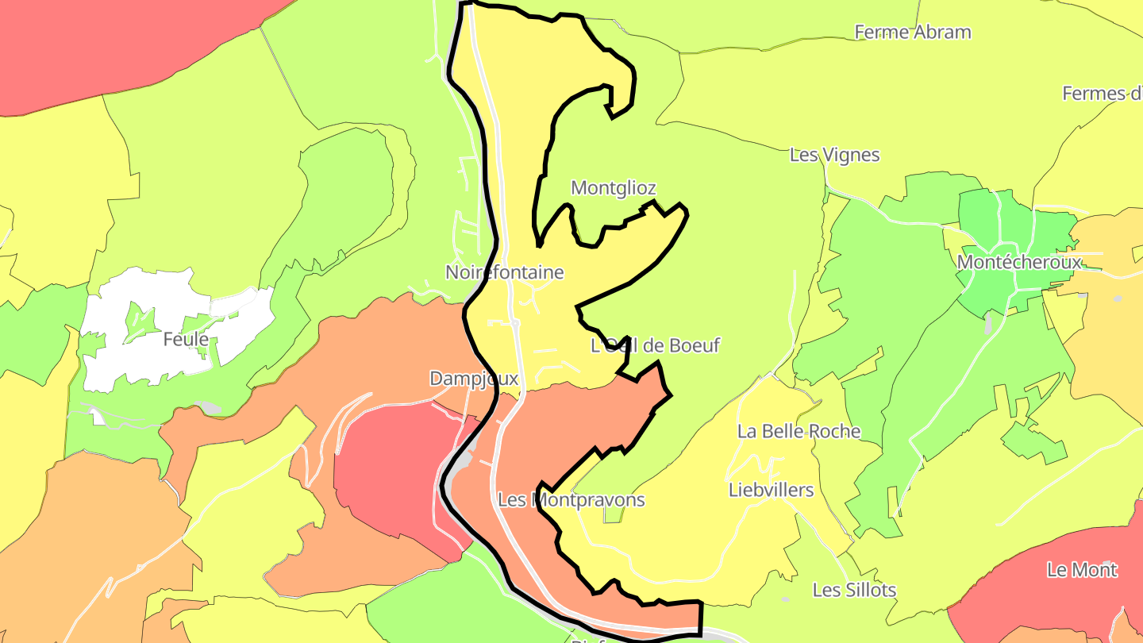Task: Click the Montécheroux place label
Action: click(x=1019, y=262)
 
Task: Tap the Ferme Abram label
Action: click(x=912, y=33)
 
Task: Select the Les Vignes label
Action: click(x=834, y=155)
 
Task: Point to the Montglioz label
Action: click(x=614, y=188)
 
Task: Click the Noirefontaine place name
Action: click(x=504, y=272)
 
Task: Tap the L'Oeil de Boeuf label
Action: click(x=655, y=345)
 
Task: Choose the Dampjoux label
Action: click(x=473, y=379)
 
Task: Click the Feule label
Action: click(x=186, y=340)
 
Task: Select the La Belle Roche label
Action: click(x=799, y=431)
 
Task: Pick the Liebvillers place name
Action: click(x=771, y=490)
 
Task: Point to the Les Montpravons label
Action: click(x=571, y=500)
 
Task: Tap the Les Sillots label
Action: click(x=854, y=590)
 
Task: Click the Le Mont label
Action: click(x=1082, y=570)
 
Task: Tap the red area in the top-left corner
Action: click(x=95, y=48)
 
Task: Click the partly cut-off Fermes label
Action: click(x=1104, y=94)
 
